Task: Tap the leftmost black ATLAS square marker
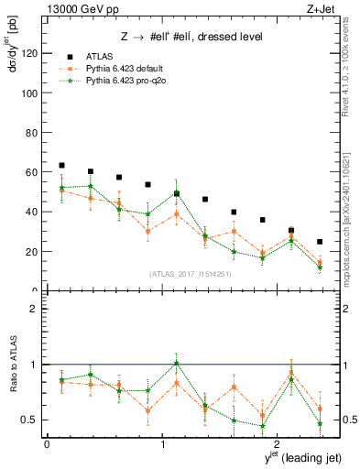pos(61,165)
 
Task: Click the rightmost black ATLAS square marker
pos(320,242)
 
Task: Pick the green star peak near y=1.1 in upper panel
pos(177,192)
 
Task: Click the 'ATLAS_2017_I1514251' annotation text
pos(191,274)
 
